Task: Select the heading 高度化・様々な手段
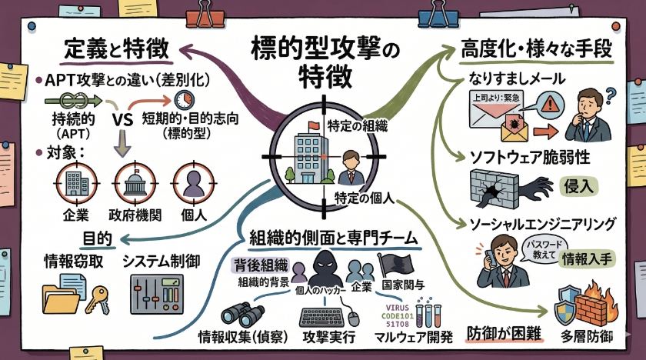(536, 50)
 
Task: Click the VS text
(124, 121)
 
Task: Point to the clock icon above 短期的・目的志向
(184, 100)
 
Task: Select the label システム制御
(161, 262)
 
